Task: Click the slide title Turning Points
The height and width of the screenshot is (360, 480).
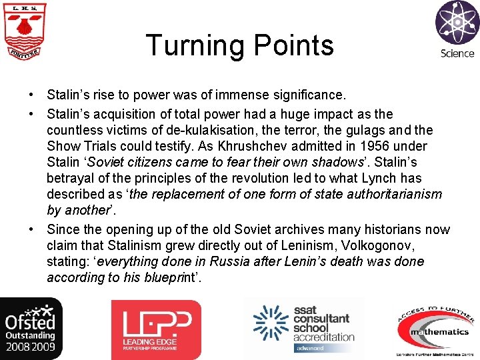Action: click(x=240, y=45)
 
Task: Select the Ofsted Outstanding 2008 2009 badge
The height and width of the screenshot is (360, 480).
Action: click(x=31, y=329)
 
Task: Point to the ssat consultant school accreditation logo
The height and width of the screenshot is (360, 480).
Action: click(x=304, y=328)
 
